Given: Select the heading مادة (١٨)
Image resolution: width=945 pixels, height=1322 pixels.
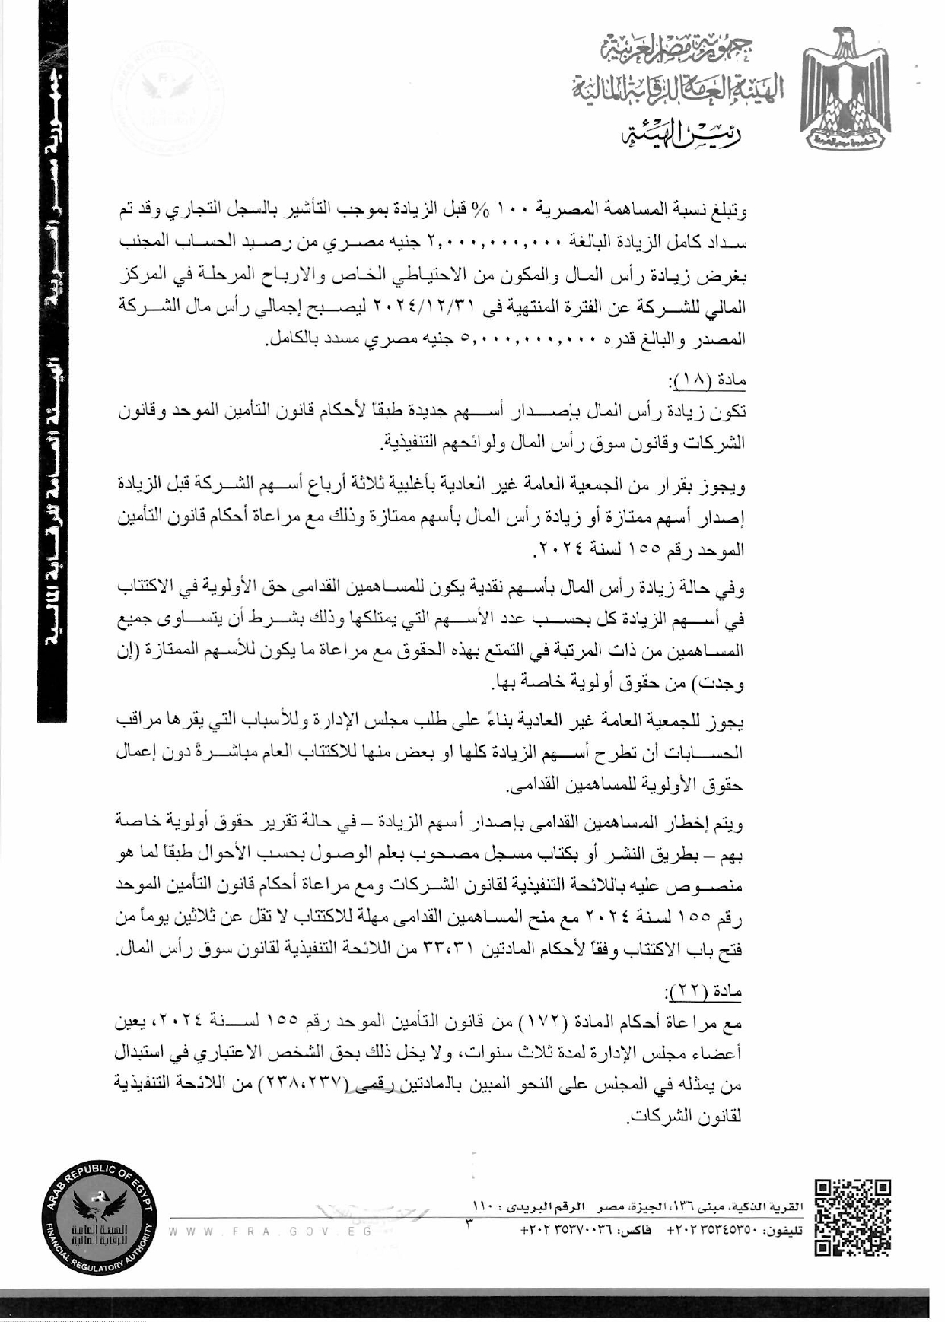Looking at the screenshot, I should coord(705,380).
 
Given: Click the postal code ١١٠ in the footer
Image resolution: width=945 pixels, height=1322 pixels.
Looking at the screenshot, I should coord(485,1207).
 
